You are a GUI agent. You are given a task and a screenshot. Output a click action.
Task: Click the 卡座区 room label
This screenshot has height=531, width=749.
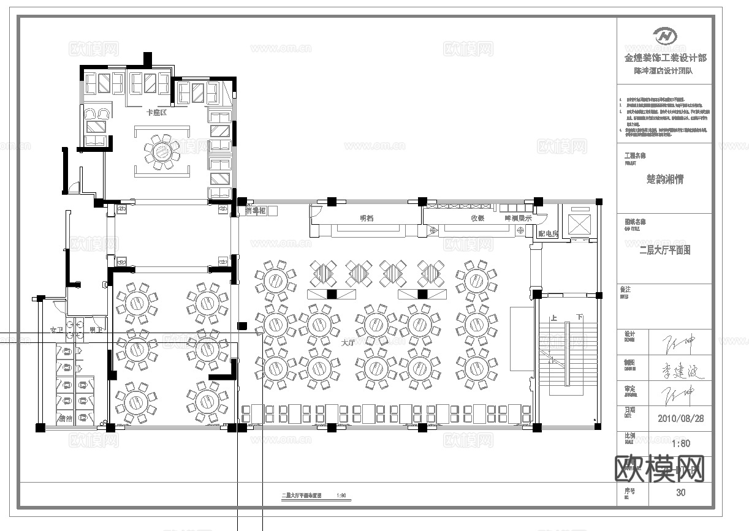pyautogui.click(x=156, y=113)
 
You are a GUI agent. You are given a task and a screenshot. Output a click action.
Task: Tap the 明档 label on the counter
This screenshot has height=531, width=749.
pyautogui.click(x=367, y=218)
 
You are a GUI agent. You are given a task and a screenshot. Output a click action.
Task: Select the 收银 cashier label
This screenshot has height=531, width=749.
pyautogui.click(x=478, y=218)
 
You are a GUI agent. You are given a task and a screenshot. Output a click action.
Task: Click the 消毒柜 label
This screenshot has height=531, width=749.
pyautogui.click(x=256, y=211)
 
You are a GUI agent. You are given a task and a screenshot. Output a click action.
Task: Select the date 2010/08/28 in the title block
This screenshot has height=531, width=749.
pyautogui.click(x=680, y=419)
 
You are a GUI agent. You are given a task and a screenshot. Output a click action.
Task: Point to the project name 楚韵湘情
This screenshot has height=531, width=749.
pyautogui.click(x=665, y=179)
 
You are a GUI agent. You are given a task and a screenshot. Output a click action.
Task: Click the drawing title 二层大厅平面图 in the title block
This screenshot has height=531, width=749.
pyautogui.click(x=665, y=250)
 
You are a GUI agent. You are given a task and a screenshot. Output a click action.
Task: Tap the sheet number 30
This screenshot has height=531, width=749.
pyautogui.click(x=681, y=492)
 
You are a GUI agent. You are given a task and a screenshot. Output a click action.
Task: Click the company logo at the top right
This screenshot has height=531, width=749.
pyautogui.click(x=664, y=36)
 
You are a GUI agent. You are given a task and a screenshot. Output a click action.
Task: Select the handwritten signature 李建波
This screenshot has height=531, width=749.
pyautogui.click(x=680, y=371)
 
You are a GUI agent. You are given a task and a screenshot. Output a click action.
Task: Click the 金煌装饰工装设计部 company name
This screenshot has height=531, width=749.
pyautogui.click(x=665, y=58)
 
